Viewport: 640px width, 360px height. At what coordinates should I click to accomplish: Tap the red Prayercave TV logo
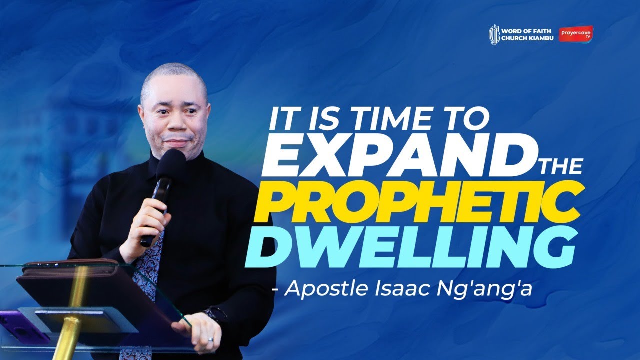coord(576,34)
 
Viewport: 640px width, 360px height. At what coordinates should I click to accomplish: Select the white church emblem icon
coord(494,34)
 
